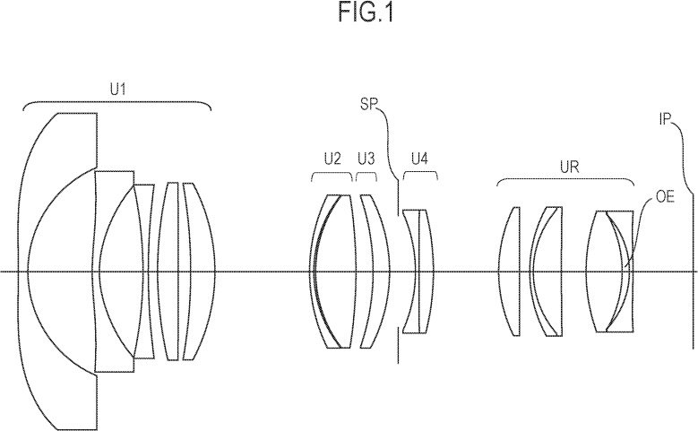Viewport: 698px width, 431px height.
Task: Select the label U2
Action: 332,159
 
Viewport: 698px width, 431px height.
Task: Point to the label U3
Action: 365,159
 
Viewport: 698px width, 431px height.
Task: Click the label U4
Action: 419,159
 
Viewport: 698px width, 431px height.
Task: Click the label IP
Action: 667,118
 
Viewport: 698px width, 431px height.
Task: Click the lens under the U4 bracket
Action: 418,269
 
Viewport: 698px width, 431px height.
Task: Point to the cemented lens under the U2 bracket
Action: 332,269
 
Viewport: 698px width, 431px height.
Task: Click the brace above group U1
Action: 116,106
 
